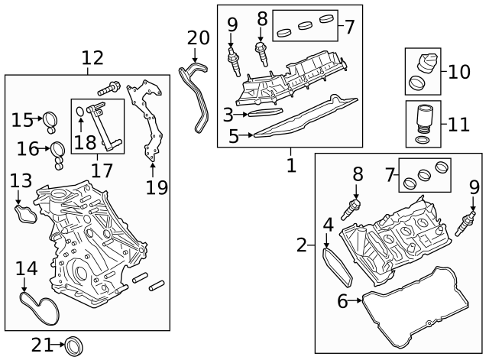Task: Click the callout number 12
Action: [92, 57]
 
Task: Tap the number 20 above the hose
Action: [197, 37]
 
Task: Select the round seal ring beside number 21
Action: [73, 345]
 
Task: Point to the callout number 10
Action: [459, 73]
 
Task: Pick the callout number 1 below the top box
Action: [290, 164]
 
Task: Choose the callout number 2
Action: [303, 245]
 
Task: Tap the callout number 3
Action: [228, 115]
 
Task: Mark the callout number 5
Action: [234, 137]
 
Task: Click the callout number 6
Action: [343, 301]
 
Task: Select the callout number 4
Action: [328, 225]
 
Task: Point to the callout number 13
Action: [21, 181]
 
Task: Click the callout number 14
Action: [26, 268]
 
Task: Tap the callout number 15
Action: [21, 120]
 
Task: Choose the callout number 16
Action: [27, 148]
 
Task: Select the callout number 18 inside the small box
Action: [86, 143]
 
